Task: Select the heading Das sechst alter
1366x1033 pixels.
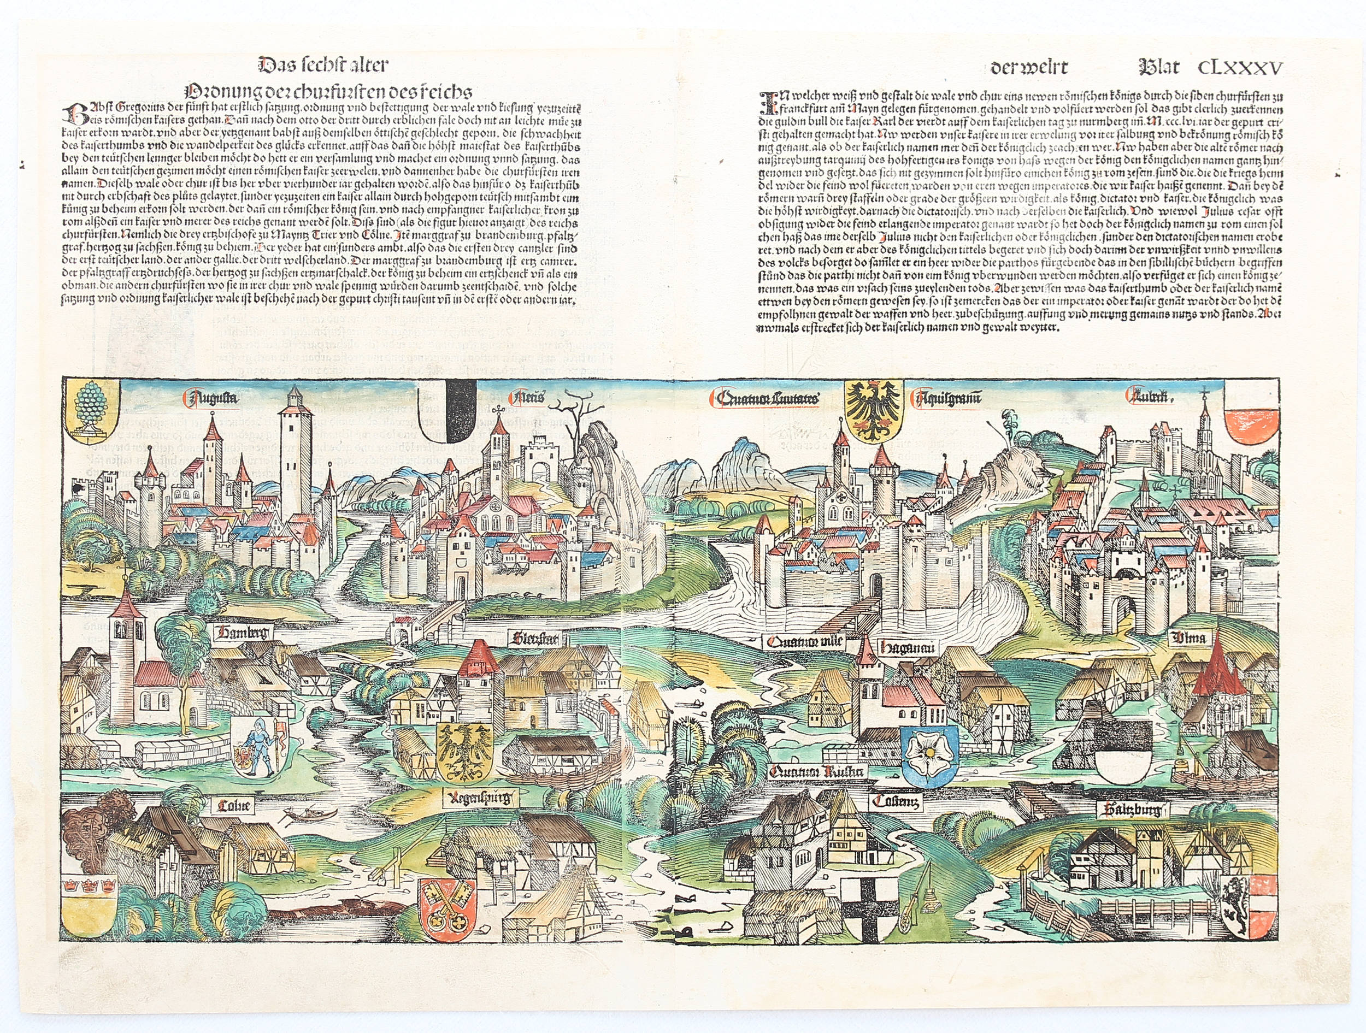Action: (322, 64)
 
